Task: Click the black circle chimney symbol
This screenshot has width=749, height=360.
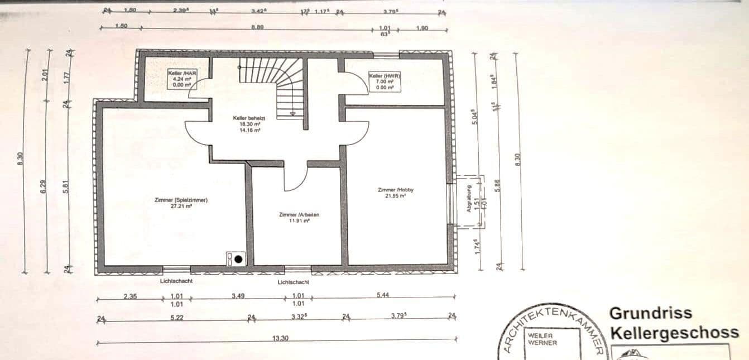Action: [x=238, y=258]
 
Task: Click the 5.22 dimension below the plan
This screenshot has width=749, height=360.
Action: [x=176, y=317]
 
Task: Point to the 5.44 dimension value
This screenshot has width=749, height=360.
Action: [x=382, y=295]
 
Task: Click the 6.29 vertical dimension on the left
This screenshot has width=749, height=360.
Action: [x=44, y=185]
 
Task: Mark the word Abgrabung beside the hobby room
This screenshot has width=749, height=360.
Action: [x=469, y=199]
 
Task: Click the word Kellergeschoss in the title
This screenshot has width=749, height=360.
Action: [x=674, y=333]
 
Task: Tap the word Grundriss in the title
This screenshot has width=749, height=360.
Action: [x=650, y=313]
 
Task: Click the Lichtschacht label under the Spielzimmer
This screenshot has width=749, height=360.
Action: [x=176, y=281]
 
